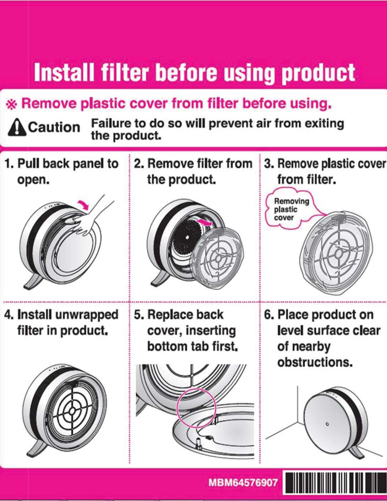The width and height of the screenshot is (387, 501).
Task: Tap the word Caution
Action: [x=54, y=127]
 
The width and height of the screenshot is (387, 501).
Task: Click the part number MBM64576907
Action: [x=243, y=482]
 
